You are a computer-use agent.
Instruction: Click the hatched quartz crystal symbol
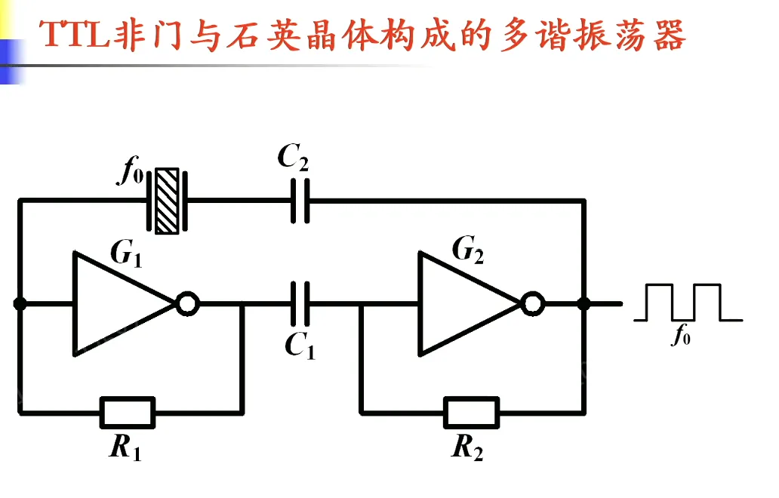166,201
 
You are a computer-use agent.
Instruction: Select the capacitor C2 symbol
300,201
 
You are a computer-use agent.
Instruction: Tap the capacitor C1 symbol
300,303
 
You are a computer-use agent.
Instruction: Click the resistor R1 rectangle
128,413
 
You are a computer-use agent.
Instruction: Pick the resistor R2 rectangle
471,413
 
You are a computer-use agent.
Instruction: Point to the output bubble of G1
187,304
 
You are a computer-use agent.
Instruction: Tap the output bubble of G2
533,304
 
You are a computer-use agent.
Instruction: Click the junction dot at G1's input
20,304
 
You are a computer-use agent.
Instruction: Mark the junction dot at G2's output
583,304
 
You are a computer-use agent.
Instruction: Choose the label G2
469,250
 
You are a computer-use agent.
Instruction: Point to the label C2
293,158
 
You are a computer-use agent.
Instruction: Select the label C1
300,346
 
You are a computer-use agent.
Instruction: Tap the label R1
125,448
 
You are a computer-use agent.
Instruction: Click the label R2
468,448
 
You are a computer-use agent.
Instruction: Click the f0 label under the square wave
681,336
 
